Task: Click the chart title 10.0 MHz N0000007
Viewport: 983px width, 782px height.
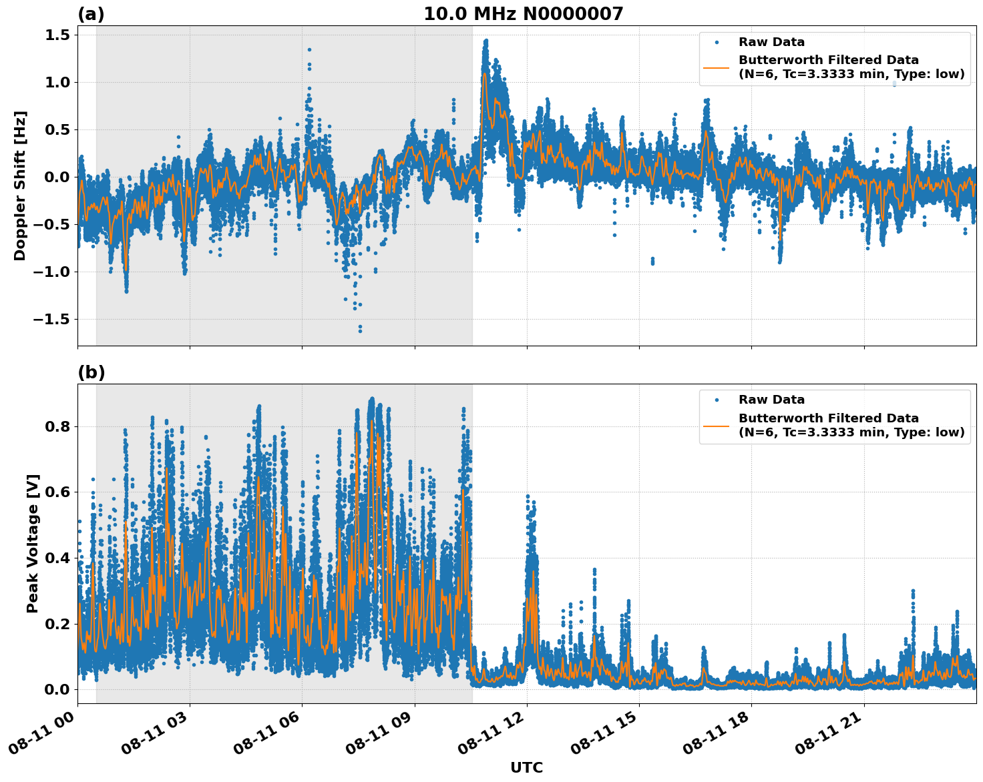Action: tap(523, 14)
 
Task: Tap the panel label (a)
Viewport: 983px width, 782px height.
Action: tap(91, 14)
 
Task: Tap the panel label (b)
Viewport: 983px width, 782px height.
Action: tap(91, 372)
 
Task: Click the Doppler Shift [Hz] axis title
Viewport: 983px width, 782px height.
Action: tap(20, 185)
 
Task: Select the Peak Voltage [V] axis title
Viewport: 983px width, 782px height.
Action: tap(33, 543)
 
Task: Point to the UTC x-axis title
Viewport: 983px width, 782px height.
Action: tap(526, 767)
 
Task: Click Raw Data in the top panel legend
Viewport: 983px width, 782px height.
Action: tap(771, 42)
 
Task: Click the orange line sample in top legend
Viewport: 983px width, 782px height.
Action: tap(716, 67)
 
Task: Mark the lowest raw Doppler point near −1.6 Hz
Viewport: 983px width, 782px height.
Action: tap(360, 330)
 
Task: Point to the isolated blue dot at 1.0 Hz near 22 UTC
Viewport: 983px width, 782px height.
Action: tap(894, 83)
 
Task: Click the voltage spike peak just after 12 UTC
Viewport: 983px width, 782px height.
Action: tap(528, 496)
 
